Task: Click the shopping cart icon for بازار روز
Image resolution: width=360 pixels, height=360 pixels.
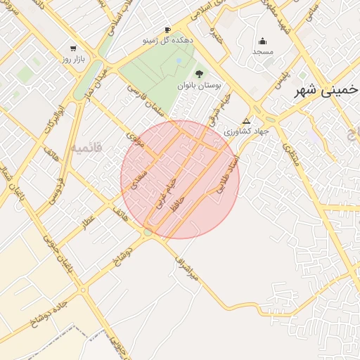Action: (73, 49)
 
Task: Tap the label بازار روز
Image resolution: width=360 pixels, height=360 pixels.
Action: (73, 60)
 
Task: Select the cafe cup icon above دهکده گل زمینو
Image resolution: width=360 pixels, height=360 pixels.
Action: (167, 30)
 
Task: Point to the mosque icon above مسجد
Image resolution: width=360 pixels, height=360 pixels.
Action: (263, 41)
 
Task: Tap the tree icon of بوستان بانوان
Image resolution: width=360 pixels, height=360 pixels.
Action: (199, 73)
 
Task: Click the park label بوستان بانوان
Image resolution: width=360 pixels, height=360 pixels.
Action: (199, 84)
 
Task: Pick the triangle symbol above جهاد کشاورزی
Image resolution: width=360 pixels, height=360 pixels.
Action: (245, 121)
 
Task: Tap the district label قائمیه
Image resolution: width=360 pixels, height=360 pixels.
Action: (86, 148)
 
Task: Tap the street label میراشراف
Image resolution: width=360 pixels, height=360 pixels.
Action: (187, 269)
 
